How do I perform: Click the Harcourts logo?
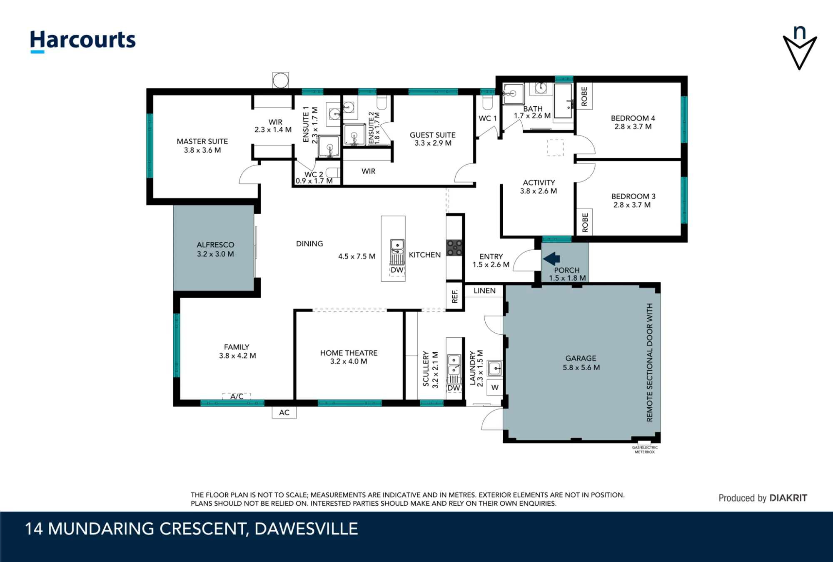click(83, 41)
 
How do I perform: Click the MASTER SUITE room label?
click(202, 142)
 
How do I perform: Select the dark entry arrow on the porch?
click(551, 258)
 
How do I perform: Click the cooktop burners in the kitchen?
click(454, 248)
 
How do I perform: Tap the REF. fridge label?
click(455, 296)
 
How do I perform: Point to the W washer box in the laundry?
click(495, 388)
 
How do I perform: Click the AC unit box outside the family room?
click(284, 412)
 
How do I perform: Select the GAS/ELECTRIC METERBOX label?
click(645, 449)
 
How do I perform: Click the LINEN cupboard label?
click(484, 291)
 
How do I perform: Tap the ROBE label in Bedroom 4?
click(584, 96)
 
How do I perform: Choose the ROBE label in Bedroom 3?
click(585, 223)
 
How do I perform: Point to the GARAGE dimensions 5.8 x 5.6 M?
click(581, 367)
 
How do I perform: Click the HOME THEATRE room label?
click(349, 353)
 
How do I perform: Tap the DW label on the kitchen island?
click(397, 270)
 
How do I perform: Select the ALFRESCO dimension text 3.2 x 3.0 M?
click(215, 254)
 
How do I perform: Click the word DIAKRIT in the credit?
click(788, 498)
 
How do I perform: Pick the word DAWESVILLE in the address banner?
click(306, 529)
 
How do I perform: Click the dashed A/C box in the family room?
click(237, 396)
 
